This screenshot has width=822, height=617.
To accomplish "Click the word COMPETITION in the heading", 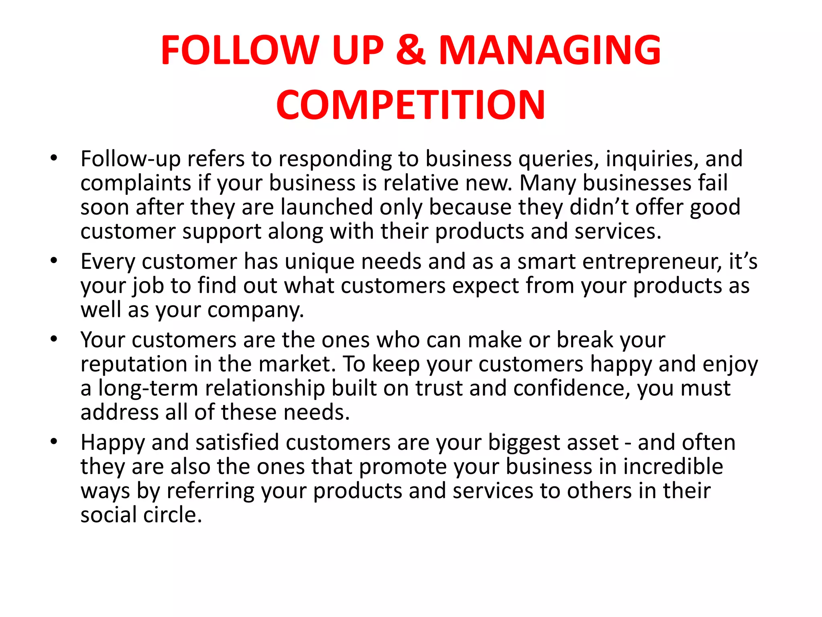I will point(411,105).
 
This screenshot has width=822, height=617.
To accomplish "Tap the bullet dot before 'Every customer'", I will point(54,261).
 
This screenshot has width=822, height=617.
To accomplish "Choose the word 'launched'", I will point(327,207).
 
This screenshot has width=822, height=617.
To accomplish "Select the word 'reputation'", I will point(134,365).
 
